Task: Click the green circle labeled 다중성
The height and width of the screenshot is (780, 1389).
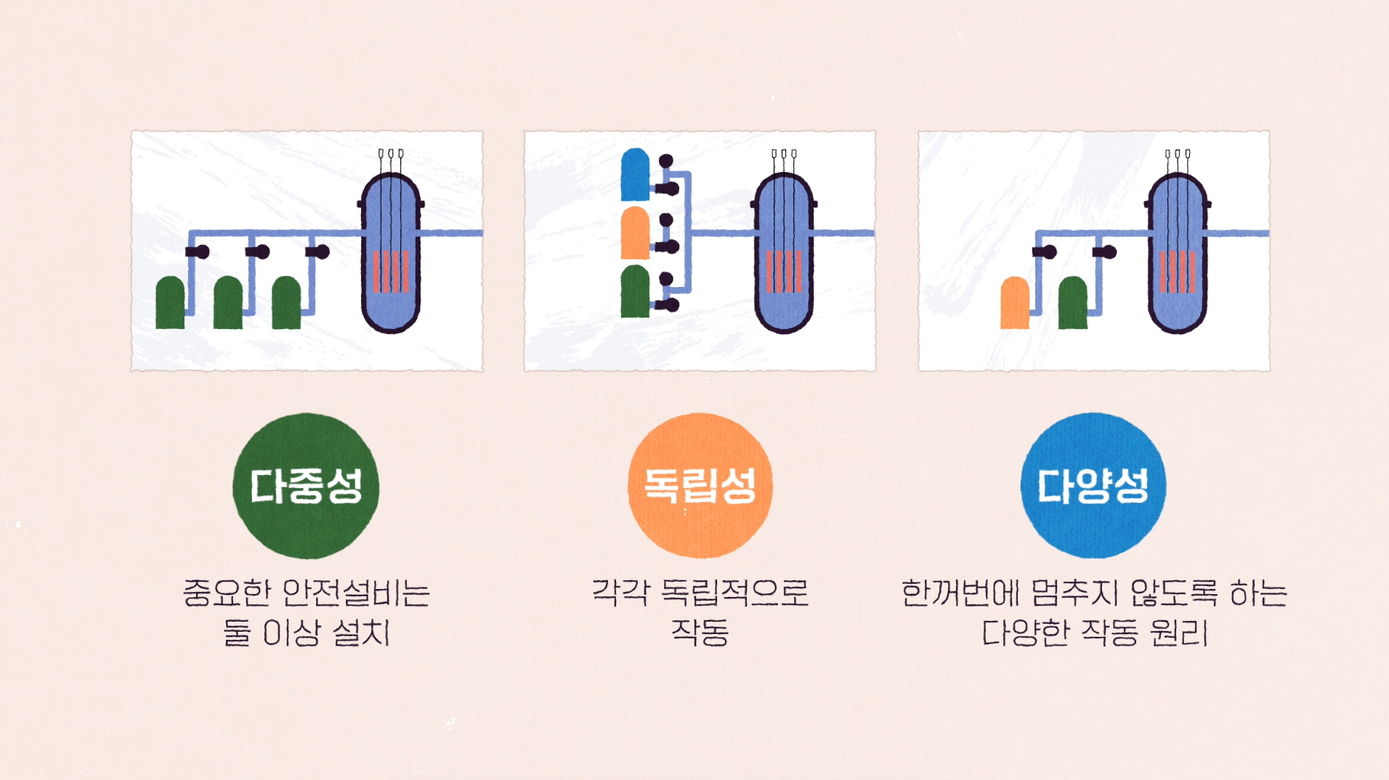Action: tap(306, 486)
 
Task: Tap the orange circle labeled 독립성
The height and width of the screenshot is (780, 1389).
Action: tap(700, 486)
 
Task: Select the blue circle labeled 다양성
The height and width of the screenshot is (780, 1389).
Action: tap(1093, 486)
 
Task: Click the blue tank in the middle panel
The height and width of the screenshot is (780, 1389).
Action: tap(635, 175)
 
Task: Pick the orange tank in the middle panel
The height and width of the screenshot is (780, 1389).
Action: tap(635, 233)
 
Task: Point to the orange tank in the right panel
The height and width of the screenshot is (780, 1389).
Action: tap(1015, 304)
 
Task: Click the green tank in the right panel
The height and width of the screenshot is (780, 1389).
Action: tap(1073, 304)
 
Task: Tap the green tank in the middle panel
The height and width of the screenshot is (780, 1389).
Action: tap(635, 292)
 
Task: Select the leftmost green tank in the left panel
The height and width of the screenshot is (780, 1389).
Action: tap(170, 304)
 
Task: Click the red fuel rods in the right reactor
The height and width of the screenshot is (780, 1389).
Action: tap(1178, 272)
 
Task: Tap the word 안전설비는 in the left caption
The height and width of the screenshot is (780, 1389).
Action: tap(356, 593)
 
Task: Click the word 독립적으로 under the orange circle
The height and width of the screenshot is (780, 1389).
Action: tap(734, 593)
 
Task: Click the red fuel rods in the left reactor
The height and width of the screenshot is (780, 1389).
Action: tap(391, 272)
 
